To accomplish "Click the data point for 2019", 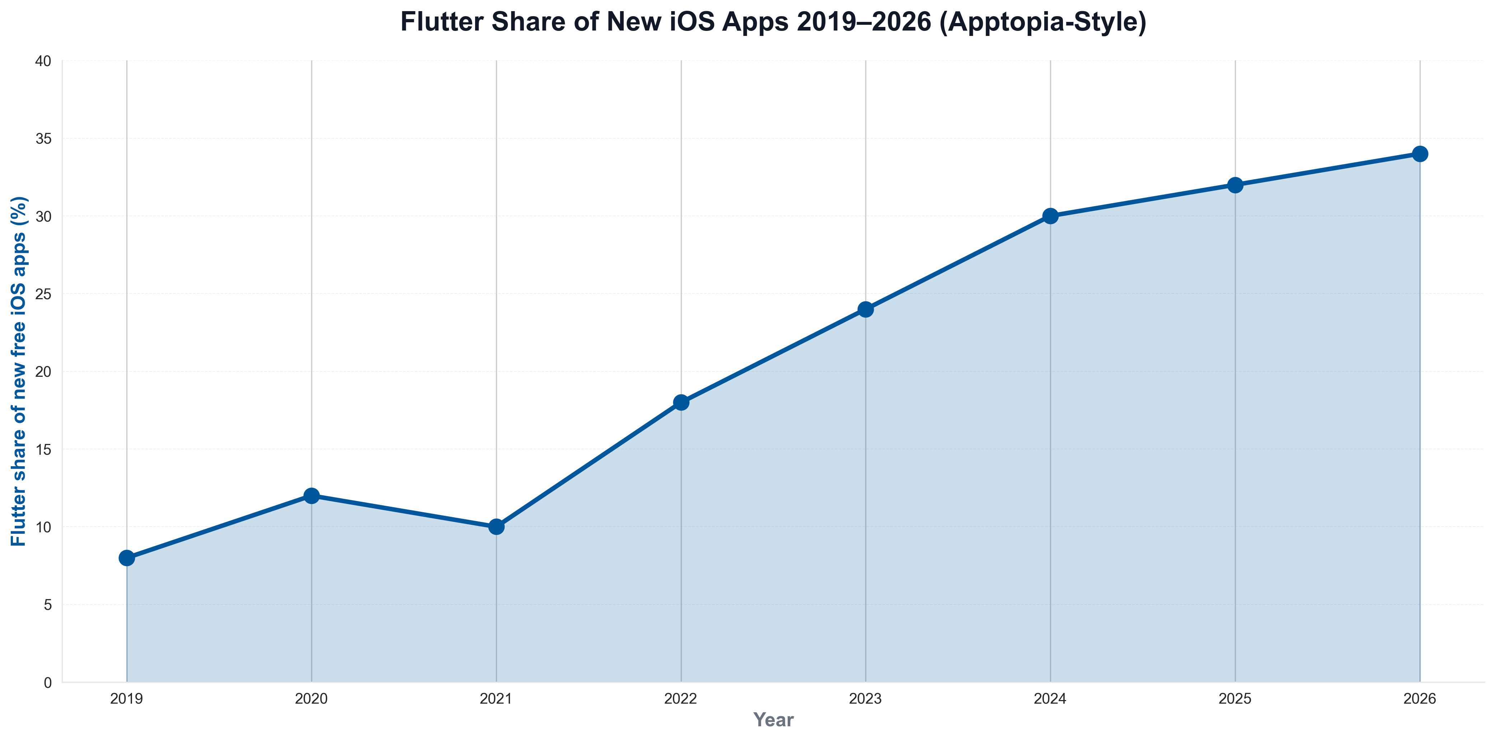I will (127, 558).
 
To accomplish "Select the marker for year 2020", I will (311, 496).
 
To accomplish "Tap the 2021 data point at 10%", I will (496, 527).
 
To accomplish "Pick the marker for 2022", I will (681, 402).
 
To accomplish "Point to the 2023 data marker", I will (866, 310).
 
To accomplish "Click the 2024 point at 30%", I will (1050, 216).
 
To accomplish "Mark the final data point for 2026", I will (1420, 154).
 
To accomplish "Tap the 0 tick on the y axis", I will (48, 683).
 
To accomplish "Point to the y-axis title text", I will (19, 372).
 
